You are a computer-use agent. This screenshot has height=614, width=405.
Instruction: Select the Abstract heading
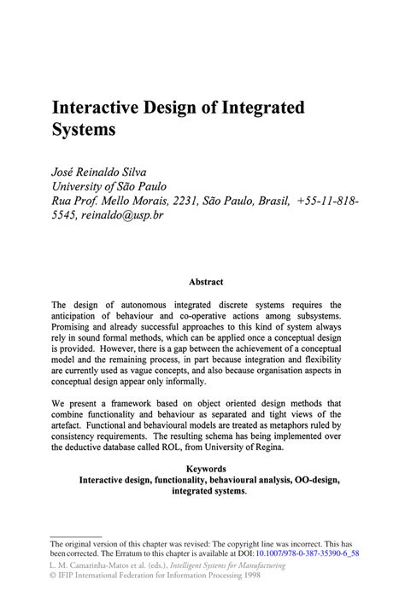(205, 281)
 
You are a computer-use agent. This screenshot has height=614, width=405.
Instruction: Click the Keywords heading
(205, 469)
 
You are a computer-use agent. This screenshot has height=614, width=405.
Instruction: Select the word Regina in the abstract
(320, 447)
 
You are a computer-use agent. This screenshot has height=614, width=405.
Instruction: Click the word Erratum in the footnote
(141, 553)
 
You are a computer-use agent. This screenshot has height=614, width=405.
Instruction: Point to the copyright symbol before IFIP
(54, 576)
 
